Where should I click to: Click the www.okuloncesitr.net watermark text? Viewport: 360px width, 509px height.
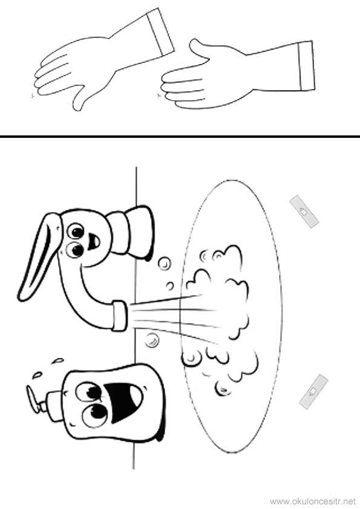[x=313, y=502]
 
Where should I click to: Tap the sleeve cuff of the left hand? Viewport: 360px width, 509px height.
[x=160, y=33]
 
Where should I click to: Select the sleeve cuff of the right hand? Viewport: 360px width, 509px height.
[x=306, y=66]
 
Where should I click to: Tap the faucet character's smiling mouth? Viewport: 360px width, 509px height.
[x=93, y=241]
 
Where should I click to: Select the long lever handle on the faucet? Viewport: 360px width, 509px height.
[x=39, y=256]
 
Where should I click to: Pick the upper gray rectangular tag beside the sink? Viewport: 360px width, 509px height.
[x=304, y=212]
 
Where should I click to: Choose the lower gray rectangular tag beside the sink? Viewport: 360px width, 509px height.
[x=313, y=391]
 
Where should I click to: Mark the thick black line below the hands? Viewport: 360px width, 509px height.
[x=180, y=137]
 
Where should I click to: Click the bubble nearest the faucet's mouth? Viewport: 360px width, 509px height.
[x=165, y=263]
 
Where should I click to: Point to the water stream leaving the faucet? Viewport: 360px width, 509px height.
[x=172, y=317]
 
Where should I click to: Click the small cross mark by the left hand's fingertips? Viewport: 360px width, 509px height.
[x=32, y=96]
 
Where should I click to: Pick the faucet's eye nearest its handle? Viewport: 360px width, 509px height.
[x=77, y=231]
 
